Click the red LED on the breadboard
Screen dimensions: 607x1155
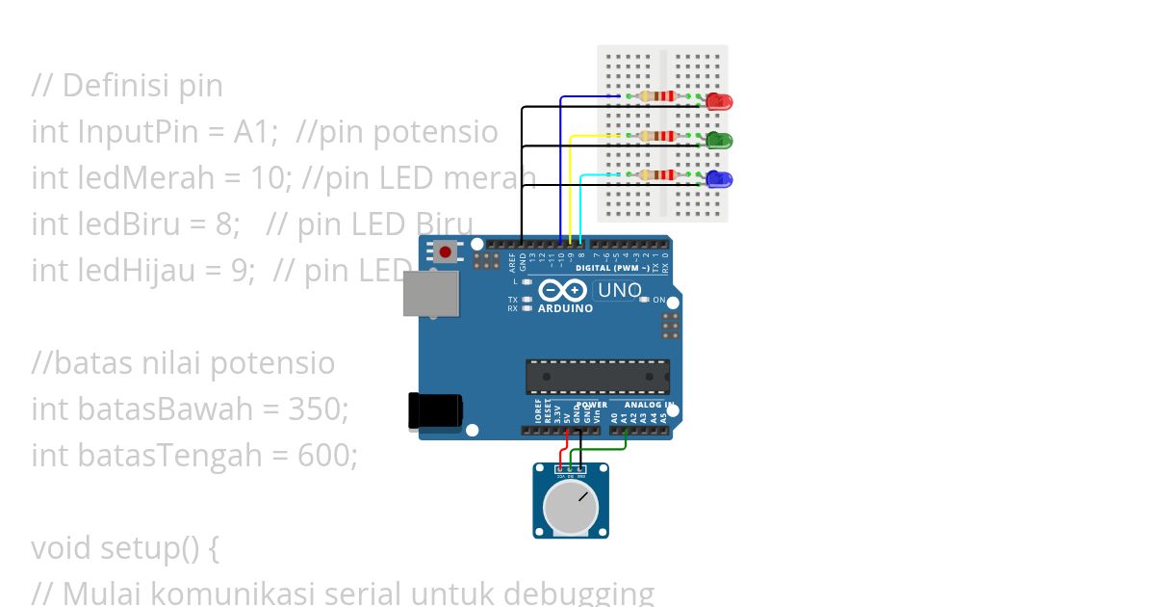tap(719, 101)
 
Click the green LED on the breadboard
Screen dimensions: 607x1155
tap(719, 141)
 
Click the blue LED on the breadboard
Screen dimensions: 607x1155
tap(719, 179)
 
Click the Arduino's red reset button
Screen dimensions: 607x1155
tap(445, 252)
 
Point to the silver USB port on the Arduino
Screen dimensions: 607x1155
tap(430, 293)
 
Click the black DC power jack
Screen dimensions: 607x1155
tap(434, 410)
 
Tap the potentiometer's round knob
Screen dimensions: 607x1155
tap(570, 508)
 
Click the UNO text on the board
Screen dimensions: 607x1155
tap(619, 290)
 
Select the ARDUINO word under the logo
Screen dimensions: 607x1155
tap(565, 308)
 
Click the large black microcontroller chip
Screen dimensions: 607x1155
tap(597, 377)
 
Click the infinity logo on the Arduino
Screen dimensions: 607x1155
tap(563, 290)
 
